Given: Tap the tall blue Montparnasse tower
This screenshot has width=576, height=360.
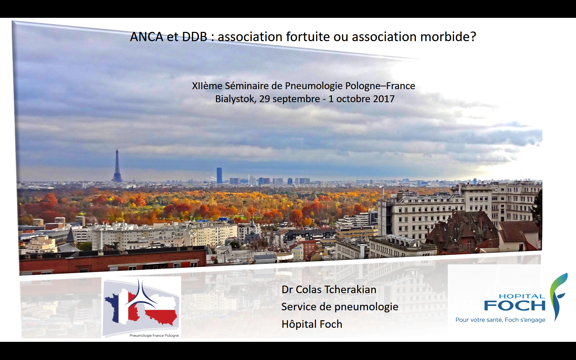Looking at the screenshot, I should [x=219, y=175].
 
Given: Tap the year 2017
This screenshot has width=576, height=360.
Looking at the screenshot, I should [x=384, y=99].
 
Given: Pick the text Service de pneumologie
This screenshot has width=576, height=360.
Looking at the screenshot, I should [x=339, y=307].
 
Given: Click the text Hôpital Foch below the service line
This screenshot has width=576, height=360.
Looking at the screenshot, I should [x=312, y=324].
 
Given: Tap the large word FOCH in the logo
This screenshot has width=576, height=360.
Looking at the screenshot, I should [x=514, y=305].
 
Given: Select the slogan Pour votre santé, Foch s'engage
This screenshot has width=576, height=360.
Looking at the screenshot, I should [x=500, y=320].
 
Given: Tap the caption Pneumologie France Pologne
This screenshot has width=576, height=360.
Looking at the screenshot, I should [x=154, y=335].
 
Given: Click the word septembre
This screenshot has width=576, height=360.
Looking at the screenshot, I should [x=296, y=99].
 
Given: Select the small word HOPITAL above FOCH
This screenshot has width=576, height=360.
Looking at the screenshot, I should [x=521, y=296].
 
